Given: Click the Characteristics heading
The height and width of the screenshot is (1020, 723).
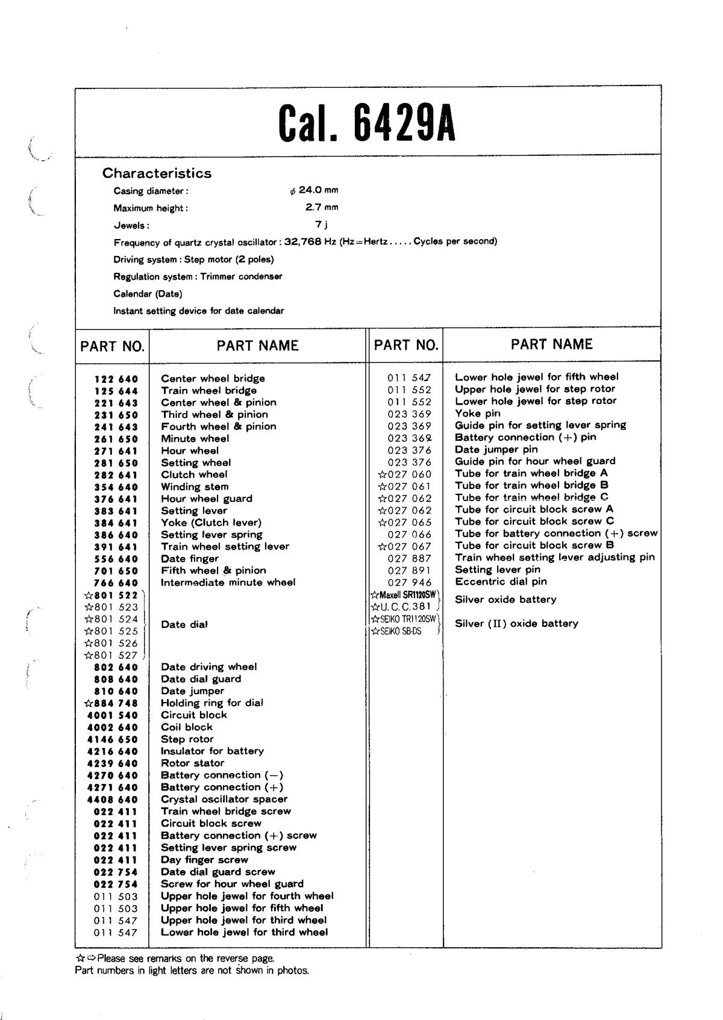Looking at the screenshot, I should (157, 173).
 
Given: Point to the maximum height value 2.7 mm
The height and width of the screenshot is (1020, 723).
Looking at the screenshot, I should (322, 207).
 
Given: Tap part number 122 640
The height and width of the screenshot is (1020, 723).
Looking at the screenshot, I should (116, 379).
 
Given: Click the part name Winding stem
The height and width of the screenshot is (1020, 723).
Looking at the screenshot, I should (195, 487).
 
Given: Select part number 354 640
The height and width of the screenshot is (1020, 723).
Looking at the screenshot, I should (116, 487).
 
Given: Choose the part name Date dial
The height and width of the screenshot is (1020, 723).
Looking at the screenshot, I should (184, 624).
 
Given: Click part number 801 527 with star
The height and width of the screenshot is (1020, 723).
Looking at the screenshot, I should (111, 655).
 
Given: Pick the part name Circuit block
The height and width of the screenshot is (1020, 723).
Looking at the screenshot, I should (193, 715).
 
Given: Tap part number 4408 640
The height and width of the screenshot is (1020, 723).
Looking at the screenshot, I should (112, 800).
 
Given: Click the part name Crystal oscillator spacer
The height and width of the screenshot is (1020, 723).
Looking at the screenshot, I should (224, 799).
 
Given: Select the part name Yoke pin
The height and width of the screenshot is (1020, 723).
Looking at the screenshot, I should (477, 413).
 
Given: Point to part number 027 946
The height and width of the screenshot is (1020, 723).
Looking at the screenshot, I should (409, 582).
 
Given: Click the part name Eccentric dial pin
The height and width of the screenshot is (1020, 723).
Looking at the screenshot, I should (501, 582).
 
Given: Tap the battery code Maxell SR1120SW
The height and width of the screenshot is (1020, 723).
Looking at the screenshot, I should (403, 594).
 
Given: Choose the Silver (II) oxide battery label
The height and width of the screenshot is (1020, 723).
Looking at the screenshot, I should (516, 623).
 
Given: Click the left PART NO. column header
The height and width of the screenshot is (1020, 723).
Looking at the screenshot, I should (113, 346).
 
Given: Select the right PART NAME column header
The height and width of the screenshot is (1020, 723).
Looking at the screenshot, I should (551, 344).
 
